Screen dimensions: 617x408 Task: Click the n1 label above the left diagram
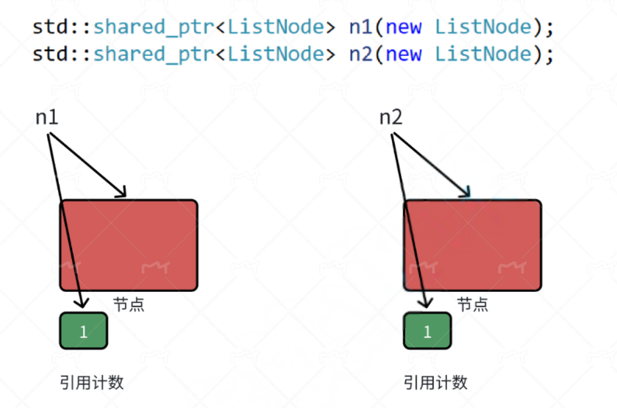(47, 117)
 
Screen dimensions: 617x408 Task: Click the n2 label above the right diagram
(390, 117)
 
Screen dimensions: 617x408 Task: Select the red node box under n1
(129, 245)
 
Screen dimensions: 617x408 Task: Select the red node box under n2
(472, 245)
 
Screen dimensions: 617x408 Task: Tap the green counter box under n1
(83, 331)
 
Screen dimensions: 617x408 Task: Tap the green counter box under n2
(427, 331)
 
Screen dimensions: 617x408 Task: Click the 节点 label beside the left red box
(129, 304)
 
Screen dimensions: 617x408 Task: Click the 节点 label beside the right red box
(472, 304)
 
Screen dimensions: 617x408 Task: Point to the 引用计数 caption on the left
(91, 382)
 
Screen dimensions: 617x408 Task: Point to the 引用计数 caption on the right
(435, 382)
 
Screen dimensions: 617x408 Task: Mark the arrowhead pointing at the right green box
(425, 301)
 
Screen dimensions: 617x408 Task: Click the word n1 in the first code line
(361, 27)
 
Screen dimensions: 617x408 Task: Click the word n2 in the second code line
(361, 54)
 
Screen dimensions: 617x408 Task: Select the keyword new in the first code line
(403, 27)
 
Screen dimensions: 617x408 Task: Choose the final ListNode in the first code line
(482, 27)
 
